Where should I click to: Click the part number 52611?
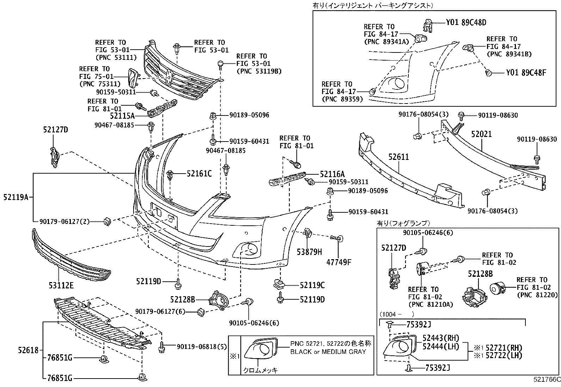coord(399,157)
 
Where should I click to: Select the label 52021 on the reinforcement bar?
coord(481,134)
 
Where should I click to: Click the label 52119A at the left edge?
coord(16,198)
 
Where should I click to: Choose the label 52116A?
coord(332,174)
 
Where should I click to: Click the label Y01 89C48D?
coord(466,23)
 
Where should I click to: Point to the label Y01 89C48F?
coord(526,73)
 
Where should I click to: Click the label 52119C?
coord(312,285)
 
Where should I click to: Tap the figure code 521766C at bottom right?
coord(547,380)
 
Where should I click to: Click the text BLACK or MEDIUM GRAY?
coord(328,351)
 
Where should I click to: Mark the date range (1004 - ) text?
coord(396,314)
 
